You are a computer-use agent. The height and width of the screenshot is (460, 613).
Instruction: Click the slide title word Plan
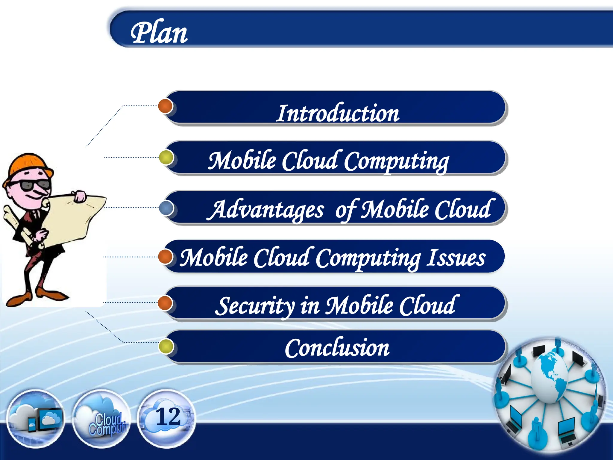click(159, 33)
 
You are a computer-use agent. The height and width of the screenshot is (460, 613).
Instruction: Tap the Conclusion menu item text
click(337, 348)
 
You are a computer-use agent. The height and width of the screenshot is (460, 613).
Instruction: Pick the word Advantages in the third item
click(266, 210)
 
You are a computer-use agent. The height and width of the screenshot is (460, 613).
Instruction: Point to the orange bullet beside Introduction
click(166, 106)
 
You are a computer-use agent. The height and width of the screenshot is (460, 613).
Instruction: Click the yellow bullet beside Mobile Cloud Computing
click(166, 158)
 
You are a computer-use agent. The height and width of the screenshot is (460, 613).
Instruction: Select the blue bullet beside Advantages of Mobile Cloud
click(166, 208)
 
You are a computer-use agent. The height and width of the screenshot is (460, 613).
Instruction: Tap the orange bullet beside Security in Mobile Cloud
click(165, 302)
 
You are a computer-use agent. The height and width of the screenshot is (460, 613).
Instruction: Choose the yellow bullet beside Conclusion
click(166, 346)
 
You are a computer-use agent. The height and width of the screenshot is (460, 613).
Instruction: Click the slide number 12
click(168, 417)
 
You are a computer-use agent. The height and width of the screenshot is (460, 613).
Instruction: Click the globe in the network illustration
click(550, 377)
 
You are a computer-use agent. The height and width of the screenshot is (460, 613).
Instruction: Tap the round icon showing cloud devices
click(35, 419)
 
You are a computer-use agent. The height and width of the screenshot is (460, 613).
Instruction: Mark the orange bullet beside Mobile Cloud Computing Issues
click(165, 257)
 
